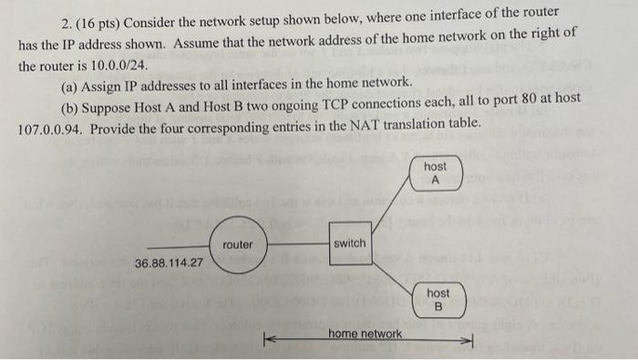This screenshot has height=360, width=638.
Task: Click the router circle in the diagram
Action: tap(238, 245)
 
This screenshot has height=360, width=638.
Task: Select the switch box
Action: tap(350, 243)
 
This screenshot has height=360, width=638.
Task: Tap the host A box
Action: tap(435, 172)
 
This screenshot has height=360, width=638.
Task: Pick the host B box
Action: tap(437, 298)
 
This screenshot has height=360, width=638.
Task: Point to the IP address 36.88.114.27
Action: tap(169, 263)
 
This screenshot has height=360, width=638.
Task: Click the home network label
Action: tap(365, 334)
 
